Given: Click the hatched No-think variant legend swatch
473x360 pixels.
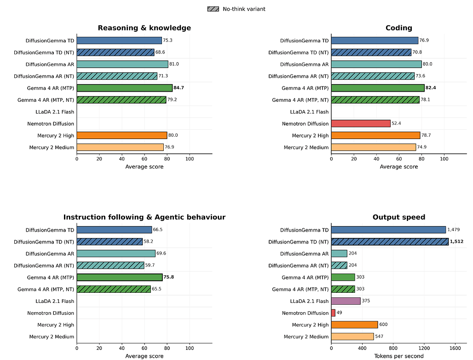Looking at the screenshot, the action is coord(213,9).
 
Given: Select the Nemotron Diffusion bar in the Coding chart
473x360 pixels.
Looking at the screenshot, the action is coord(361,123).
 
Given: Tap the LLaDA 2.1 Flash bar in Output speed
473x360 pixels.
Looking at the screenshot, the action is coord(346,301).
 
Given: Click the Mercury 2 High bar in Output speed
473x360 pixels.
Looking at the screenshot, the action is coord(354,325).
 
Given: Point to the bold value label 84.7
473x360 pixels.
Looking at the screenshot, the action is coord(179,88).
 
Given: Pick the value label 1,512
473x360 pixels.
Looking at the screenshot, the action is coord(456,241).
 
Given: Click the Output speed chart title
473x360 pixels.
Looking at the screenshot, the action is coord(399,217).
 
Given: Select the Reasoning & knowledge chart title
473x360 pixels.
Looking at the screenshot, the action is coord(144,28).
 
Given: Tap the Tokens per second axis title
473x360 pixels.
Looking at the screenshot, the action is coord(399,356).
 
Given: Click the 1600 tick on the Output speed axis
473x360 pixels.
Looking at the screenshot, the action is coord(455,348).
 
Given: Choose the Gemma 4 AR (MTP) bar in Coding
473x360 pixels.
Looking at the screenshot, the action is coord(378,88).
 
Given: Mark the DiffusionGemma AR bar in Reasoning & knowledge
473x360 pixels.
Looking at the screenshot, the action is coord(122,64).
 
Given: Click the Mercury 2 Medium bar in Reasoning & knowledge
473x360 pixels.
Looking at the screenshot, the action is coord(120,147).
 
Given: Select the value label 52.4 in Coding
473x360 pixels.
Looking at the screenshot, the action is coord(396,123).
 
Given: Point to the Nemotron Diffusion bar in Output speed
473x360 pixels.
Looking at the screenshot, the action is coord(333,313).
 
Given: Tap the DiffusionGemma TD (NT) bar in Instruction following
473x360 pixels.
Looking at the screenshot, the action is coord(110,242).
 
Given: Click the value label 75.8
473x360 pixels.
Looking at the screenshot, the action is coord(168,277).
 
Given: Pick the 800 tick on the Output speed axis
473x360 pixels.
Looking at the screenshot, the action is coord(393,348).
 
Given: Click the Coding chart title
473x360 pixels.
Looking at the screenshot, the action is coord(399,28).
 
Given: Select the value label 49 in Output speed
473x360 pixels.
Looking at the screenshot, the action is coord(340,313).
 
